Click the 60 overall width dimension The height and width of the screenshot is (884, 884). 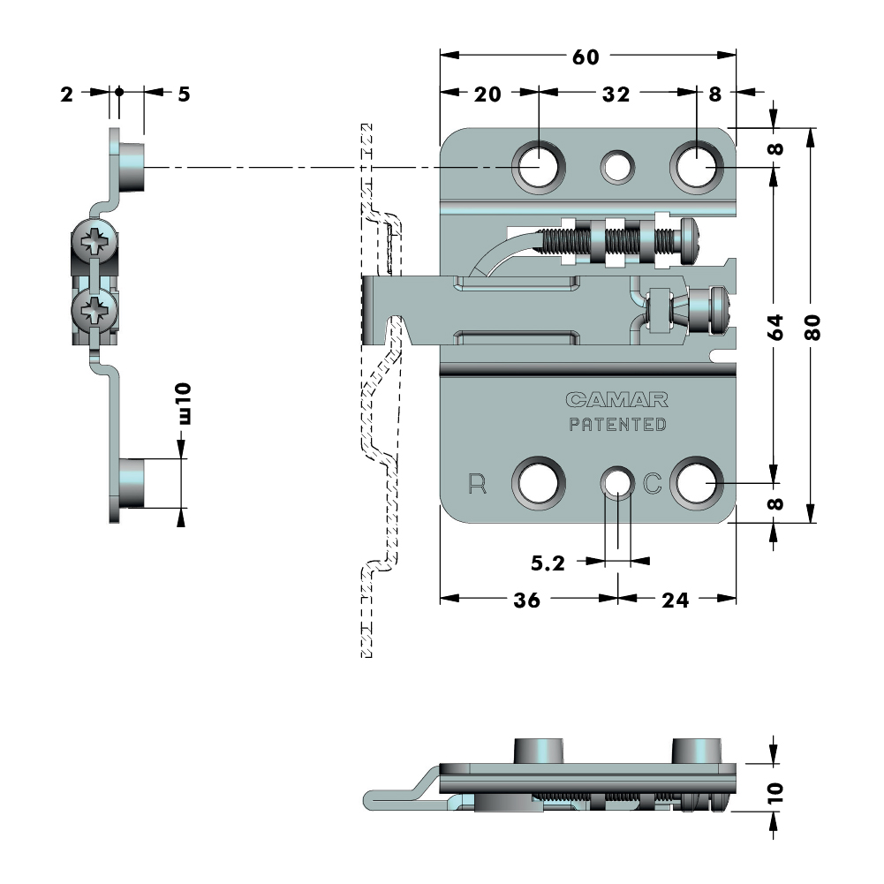pos(586,57)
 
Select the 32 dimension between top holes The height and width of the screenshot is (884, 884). pos(616,94)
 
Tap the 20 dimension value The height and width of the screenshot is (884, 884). pos(487,94)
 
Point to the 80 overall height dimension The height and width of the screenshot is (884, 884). pos(813,326)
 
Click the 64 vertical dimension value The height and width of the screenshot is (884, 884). pos(775,326)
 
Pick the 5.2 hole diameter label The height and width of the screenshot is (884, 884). pos(548,563)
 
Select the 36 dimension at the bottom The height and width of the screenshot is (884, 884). pos(527,600)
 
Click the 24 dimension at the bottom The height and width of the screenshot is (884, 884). pos(675,600)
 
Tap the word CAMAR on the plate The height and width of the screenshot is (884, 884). pos(617,400)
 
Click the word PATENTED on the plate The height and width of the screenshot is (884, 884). pos(617,425)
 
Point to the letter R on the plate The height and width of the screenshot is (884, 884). pos(478,484)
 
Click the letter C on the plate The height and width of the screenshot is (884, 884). pos(652,484)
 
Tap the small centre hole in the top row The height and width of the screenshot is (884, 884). pos(616,165)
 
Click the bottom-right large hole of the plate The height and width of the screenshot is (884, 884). pos(697,484)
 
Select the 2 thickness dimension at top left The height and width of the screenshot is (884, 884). pos(67,94)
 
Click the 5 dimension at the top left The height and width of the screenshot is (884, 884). pos(183,94)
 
